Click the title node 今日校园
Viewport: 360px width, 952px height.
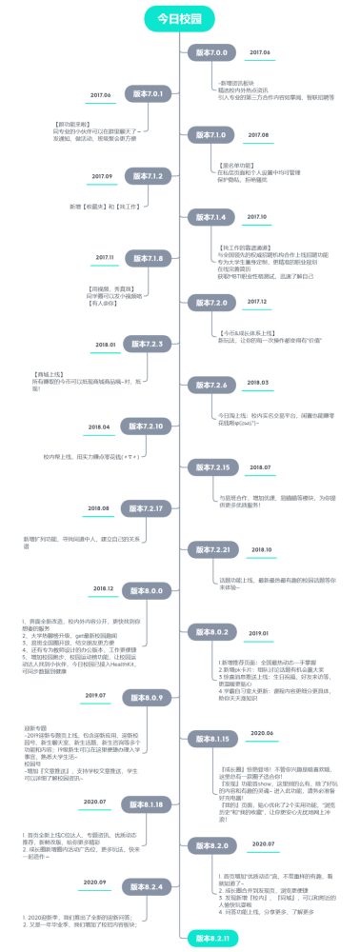(x=180, y=19)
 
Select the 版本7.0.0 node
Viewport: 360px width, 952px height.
(x=210, y=52)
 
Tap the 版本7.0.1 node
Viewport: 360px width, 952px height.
(x=147, y=94)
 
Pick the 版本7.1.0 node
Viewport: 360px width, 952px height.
(x=210, y=135)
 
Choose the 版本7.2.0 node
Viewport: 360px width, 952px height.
(x=210, y=302)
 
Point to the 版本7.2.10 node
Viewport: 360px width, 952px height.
(x=147, y=426)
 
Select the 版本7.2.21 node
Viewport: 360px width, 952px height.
(x=210, y=550)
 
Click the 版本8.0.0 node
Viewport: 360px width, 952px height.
(x=147, y=592)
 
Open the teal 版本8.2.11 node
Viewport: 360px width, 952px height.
(x=210, y=938)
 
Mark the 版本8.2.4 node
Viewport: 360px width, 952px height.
(x=147, y=886)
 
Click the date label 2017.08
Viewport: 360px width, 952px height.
(x=259, y=135)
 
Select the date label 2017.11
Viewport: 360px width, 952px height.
(x=104, y=258)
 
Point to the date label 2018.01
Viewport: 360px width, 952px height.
(x=105, y=345)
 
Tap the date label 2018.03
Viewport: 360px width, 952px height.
(x=258, y=384)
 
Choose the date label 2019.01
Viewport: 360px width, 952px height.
(x=258, y=633)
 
